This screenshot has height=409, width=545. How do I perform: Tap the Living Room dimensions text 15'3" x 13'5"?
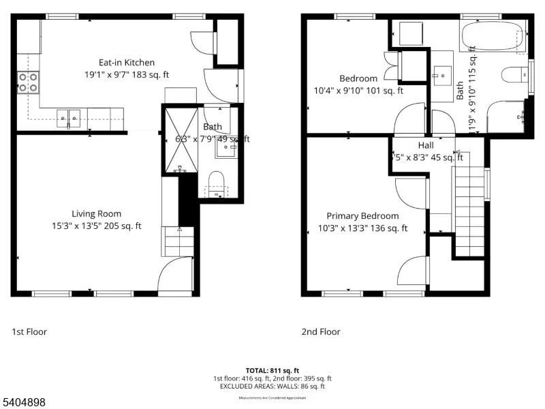coord(96,226)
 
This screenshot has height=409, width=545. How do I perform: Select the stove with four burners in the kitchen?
coord(28,82)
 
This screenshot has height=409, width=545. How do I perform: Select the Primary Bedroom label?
coord(362,216)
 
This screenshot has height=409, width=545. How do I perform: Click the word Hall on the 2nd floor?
coord(426,146)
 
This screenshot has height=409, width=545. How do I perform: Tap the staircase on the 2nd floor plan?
coord(469,204)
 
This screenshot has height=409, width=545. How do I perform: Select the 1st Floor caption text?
coord(29,332)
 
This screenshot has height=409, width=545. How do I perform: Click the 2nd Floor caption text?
coord(321,332)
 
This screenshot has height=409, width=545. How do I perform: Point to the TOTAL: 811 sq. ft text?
coord(272,370)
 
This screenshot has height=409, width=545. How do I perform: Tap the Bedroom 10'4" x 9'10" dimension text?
coord(358,90)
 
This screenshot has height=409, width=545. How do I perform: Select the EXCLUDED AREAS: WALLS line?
coord(272,386)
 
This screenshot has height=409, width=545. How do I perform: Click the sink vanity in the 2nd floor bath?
coord(443,76)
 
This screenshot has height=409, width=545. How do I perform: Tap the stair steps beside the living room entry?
coord(177,241)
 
